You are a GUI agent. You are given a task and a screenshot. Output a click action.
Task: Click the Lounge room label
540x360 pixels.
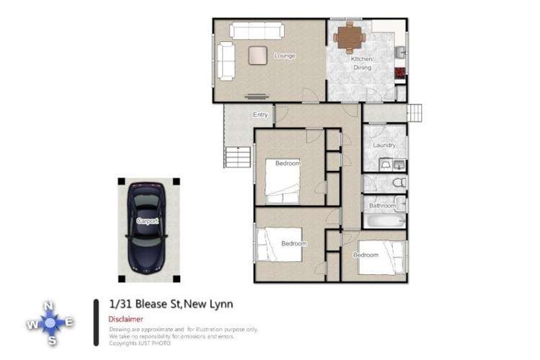point(285,56)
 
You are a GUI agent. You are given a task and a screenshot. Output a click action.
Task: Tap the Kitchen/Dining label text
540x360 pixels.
point(362,63)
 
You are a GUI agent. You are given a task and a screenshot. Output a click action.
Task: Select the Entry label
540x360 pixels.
point(260,115)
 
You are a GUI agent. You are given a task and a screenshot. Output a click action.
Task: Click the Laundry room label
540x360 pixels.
point(384,146)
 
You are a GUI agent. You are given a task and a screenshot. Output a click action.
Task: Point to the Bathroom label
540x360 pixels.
point(382,206)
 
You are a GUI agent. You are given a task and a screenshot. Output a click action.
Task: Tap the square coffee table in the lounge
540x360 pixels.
point(257,55)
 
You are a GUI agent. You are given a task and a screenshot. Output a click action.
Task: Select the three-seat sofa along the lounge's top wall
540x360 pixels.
point(256,31)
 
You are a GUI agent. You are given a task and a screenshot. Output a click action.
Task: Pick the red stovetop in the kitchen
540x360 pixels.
point(399,72)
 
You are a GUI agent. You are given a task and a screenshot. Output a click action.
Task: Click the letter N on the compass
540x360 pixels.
point(48,306)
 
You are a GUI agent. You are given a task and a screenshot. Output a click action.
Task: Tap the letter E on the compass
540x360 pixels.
point(69,322)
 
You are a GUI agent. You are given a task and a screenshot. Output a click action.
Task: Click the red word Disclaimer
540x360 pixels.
point(125,318)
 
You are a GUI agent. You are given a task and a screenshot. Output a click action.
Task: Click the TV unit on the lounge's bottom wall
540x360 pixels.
point(255,96)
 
